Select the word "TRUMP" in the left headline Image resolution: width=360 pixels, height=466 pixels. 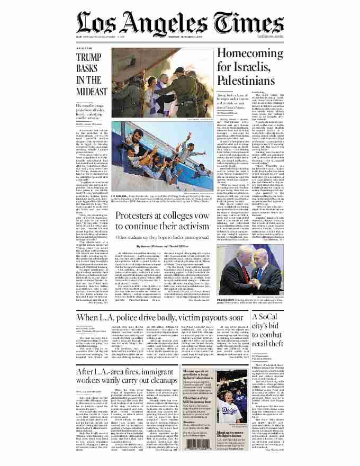pyautogui.click(x=88, y=58)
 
